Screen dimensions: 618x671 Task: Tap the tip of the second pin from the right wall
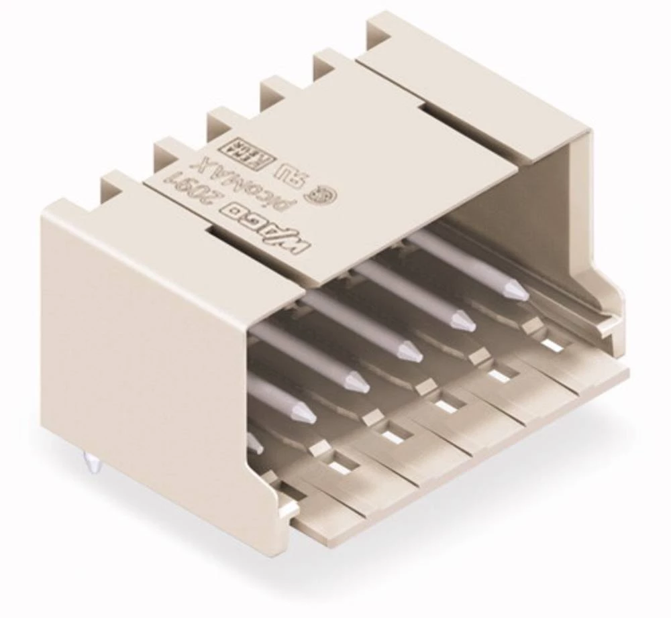tap(462, 320)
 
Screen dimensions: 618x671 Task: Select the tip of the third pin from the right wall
tap(410, 351)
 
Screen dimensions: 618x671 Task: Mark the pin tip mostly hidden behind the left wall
tap(254, 442)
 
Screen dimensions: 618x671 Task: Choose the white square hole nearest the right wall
tap(552, 345)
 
